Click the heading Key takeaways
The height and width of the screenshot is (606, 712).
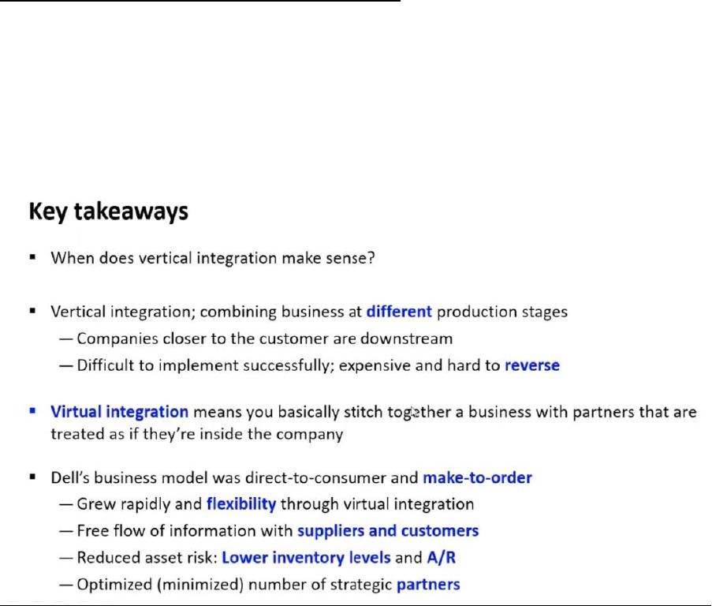(x=109, y=211)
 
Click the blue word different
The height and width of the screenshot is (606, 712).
(x=399, y=312)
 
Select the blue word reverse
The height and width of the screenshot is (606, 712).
(x=532, y=365)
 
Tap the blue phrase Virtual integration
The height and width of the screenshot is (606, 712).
(x=119, y=412)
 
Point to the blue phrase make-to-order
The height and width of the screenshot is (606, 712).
(x=477, y=478)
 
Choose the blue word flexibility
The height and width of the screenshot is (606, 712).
(x=241, y=504)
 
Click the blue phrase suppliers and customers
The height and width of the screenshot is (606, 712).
(x=388, y=530)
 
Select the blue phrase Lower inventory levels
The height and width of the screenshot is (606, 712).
(x=306, y=557)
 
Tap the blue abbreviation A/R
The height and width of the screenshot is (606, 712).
(x=441, y=557)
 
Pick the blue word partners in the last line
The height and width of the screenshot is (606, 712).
(x=428, y=584)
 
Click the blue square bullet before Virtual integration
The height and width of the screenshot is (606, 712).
(x=32, y=410)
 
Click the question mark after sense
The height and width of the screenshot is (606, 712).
(x=371, y=258)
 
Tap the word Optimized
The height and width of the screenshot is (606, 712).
(x=115, y=584)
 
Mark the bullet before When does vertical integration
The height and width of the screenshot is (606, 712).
(x=32, y=257)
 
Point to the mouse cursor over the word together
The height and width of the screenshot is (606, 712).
(x=414, y=413)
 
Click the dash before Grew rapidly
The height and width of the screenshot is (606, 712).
(x=66, y=504)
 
